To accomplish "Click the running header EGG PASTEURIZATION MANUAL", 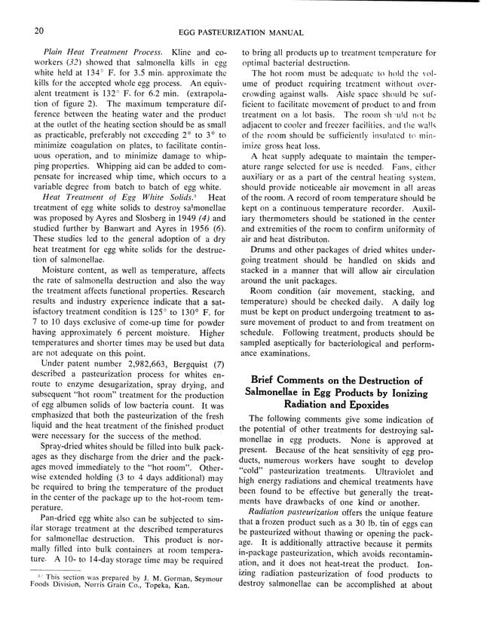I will coord(240,32).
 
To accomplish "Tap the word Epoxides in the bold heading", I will coord(373,403).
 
